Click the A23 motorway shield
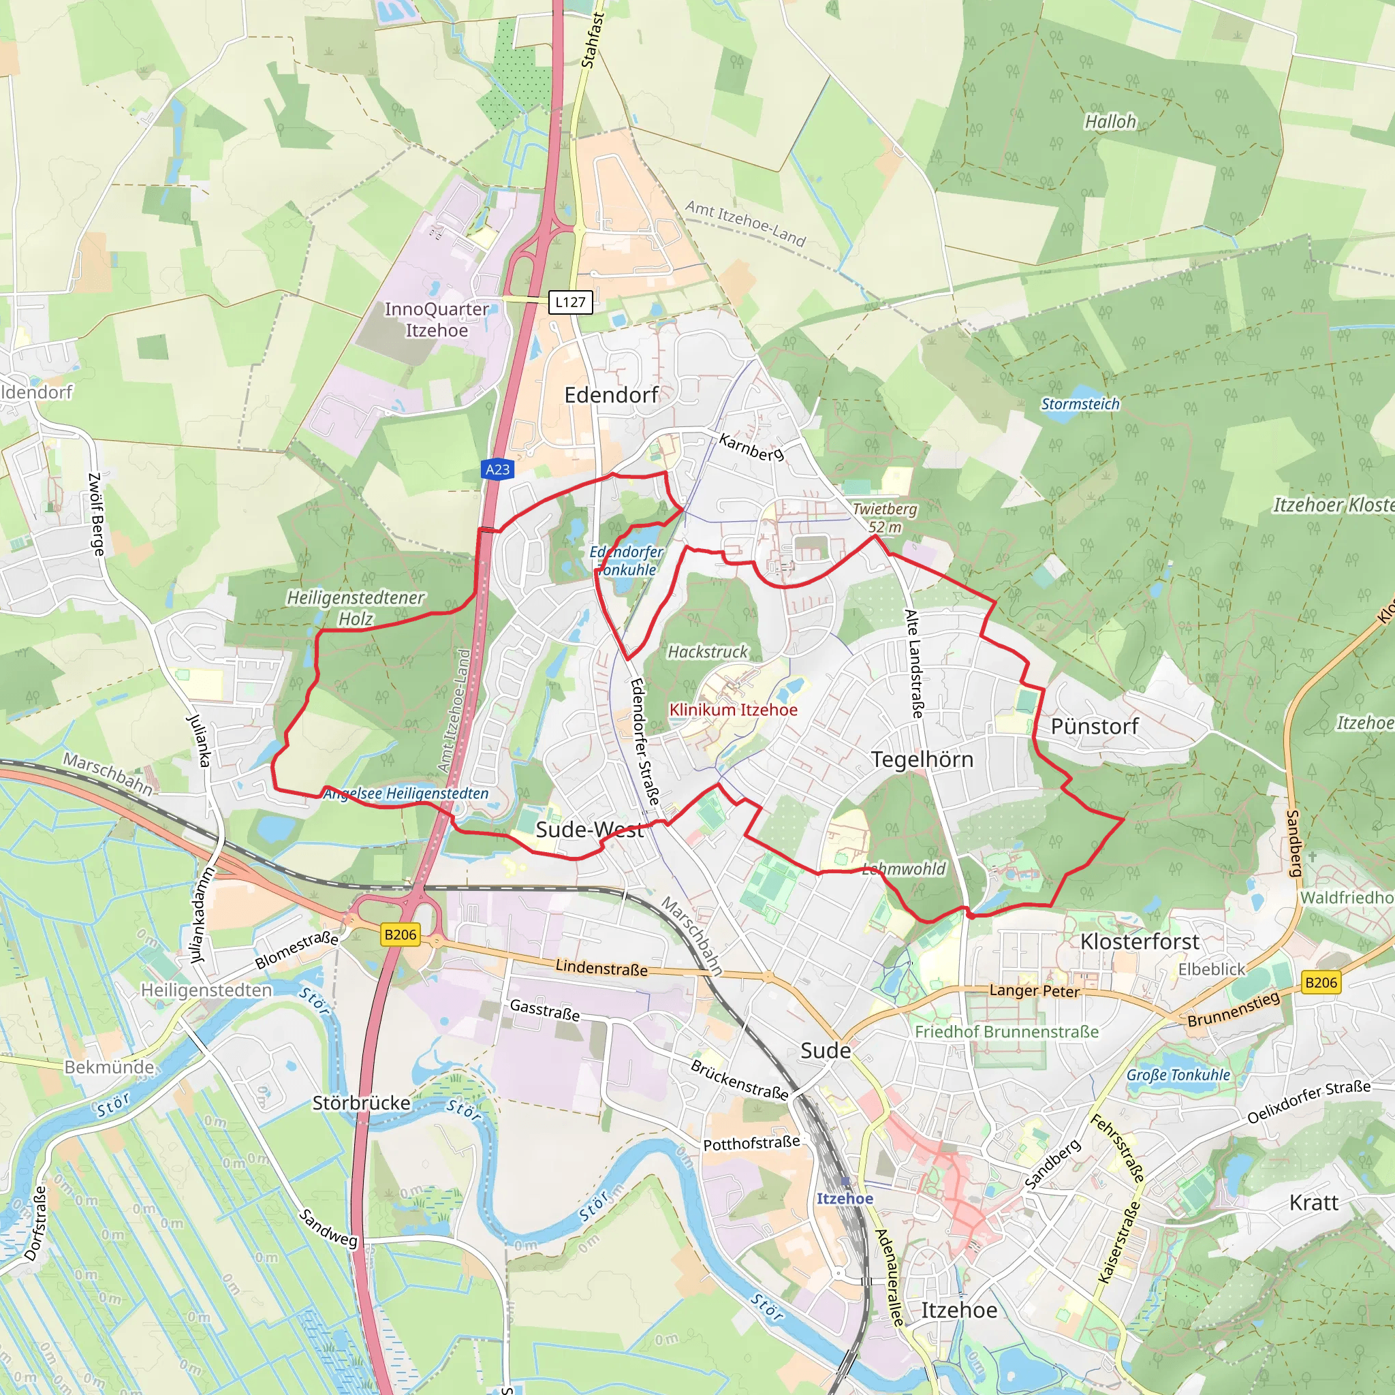coord(497,469)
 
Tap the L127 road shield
coord(570,302)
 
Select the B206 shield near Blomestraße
coord(401,935)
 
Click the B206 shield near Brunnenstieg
coord(1321,982)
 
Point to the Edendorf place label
coord(611,395)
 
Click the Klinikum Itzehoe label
coord(733,710)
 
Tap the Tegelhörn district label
coord(922,759)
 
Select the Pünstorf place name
coord(1094,726)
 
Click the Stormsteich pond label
coord(1080,405)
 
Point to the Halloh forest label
coord(1110,122)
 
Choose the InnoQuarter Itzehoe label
coord(436,320)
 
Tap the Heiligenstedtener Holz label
coord(356,608)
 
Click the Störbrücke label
coord(361,1103)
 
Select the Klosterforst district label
coord(1140,941)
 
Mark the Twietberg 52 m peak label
coord(885,518)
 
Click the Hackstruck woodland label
coord(708,652)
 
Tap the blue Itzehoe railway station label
coord(845,1199)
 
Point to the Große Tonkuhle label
coord(1178,1075)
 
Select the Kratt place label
coord(1313,1203)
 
